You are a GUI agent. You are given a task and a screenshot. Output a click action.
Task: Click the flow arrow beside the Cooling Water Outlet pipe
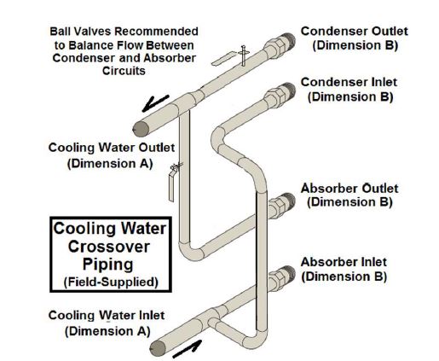[155, 102]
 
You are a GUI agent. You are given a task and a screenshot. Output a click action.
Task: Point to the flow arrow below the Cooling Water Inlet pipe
[188, 349]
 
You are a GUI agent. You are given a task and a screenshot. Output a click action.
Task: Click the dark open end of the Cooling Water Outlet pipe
[142, 129]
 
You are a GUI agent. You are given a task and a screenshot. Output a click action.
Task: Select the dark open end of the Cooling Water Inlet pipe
[158, 348]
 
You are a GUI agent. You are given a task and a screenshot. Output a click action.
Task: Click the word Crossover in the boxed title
[109, 247]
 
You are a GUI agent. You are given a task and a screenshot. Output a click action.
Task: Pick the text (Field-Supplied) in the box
[111, 282]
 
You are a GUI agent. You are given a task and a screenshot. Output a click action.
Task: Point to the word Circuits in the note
[124, 71]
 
